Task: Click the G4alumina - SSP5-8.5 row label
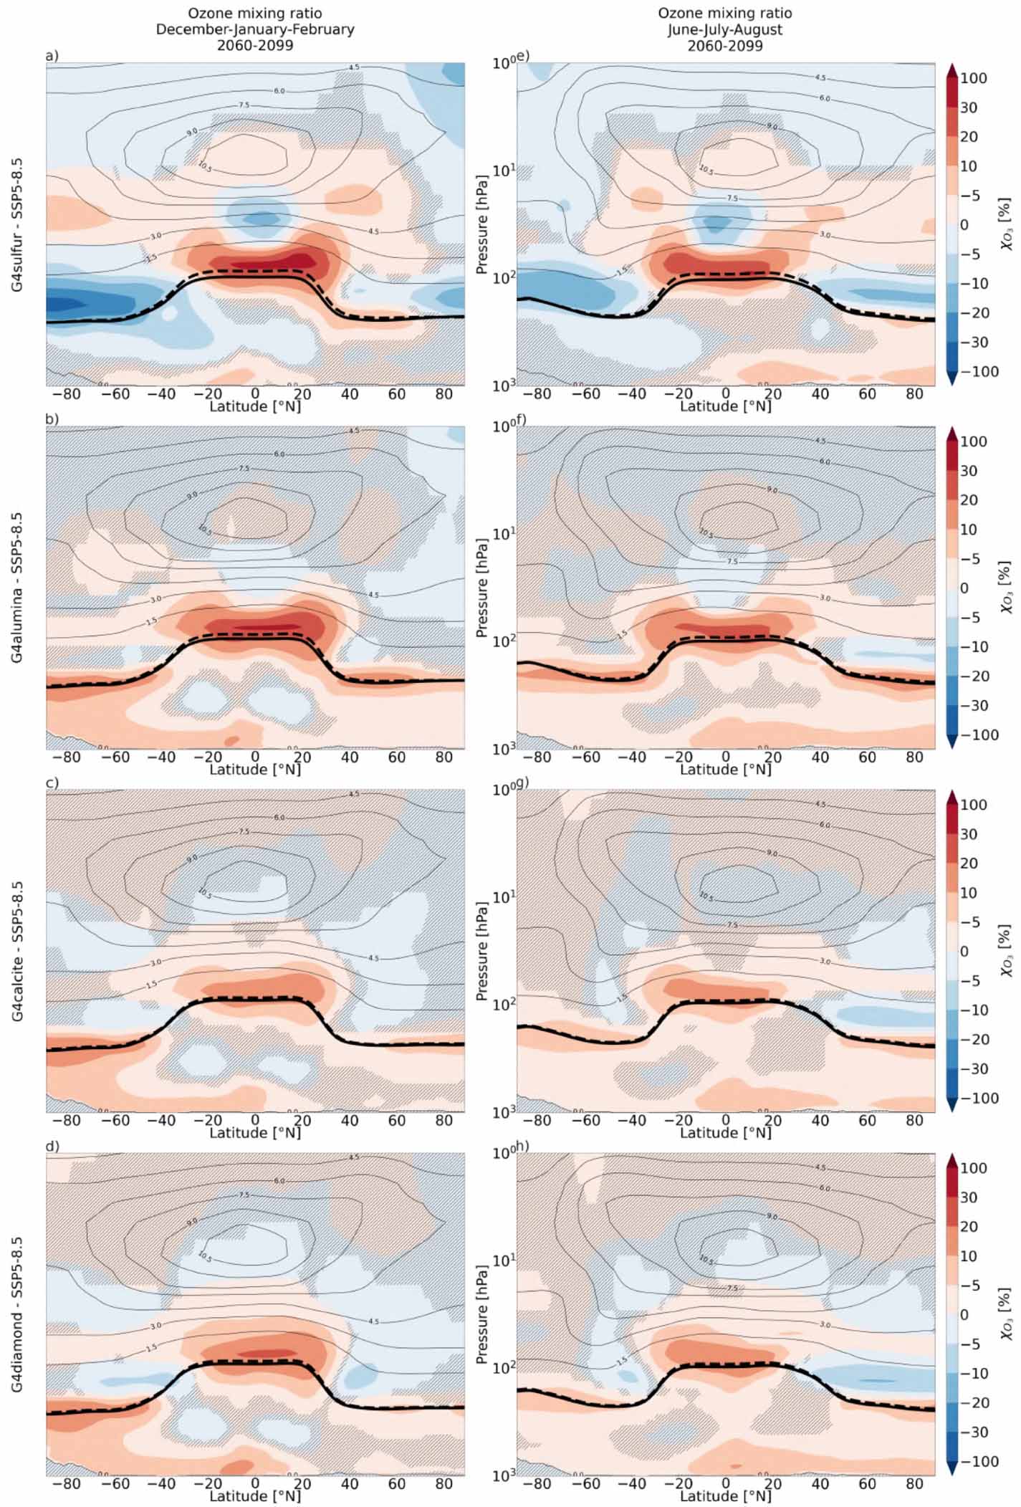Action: click(x=16, y=588)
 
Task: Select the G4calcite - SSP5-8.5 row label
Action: click(x=16, y=951)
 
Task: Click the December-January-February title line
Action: click(x=255, y=29)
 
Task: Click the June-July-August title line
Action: click(x=725, y=29)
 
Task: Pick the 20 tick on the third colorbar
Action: click(x=969, y=863)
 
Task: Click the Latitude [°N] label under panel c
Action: click(x=255, y=1133)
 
